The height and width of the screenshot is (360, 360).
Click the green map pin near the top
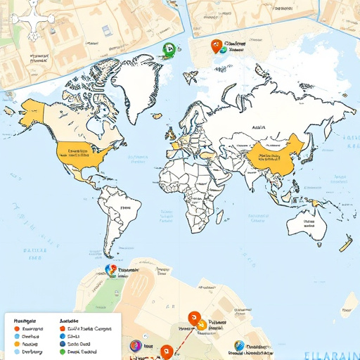point(168,49)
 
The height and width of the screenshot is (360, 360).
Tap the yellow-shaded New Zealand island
point(345,245)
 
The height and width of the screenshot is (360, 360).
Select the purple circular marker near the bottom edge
point(135,345)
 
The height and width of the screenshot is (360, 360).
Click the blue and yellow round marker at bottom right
point(239,345)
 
